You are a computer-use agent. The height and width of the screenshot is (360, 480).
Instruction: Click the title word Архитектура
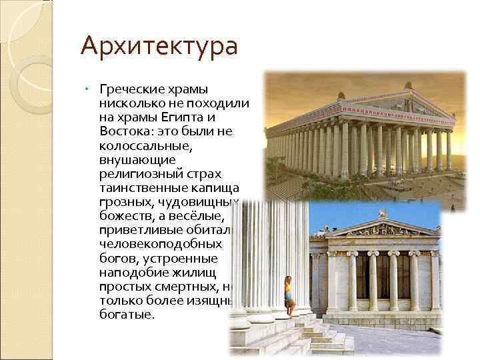point(159,47)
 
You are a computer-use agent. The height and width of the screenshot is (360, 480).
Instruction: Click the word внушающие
point(137,159)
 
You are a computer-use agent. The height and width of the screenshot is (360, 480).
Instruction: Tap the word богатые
point(127,313)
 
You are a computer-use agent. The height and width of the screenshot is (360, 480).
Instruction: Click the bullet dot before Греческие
point(88,89)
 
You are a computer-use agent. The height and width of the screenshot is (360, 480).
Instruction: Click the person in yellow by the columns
point(289,294)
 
